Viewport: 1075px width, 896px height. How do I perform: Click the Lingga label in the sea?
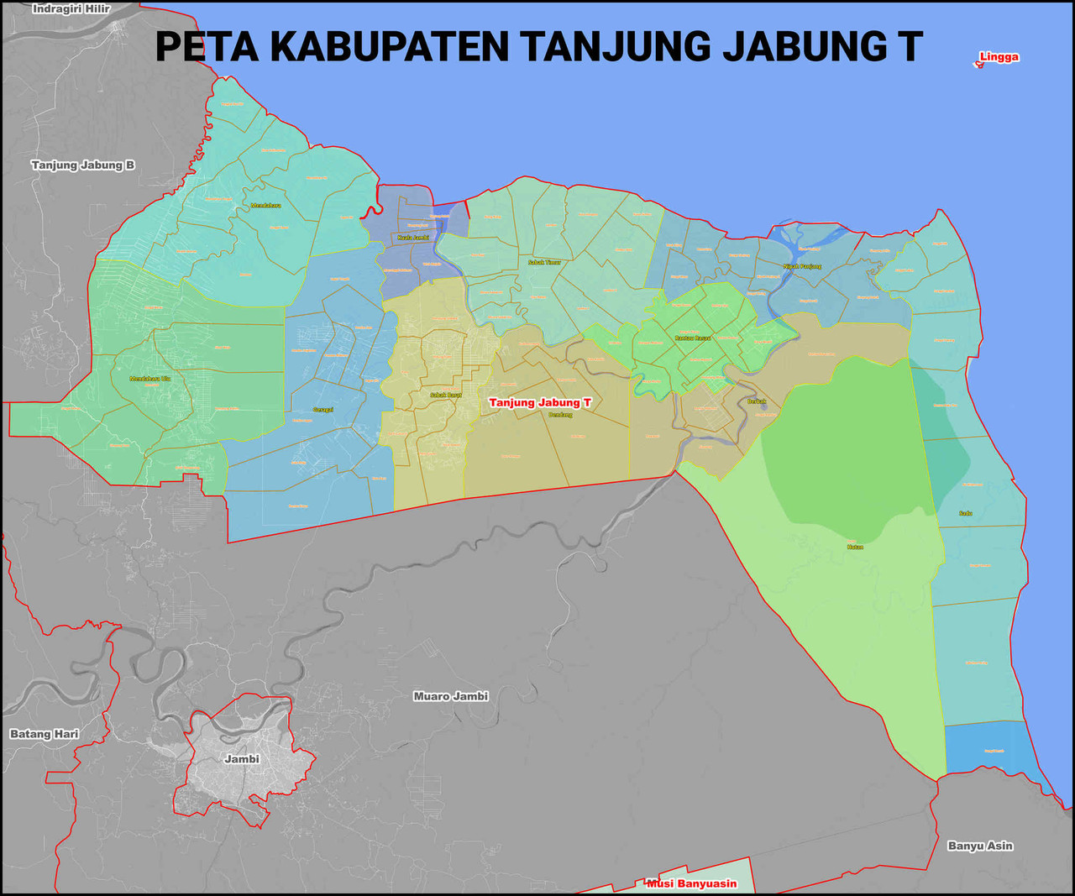tap(999, 57)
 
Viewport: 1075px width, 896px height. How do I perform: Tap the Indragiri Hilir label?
tap(71, 9)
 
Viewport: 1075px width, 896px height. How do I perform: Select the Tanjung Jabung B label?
tap(83, 165)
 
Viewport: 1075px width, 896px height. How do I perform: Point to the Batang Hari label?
tap(45, 734)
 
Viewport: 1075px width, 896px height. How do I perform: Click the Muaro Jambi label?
tap(451, 696)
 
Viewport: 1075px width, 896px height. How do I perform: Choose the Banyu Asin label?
tap(980, 846)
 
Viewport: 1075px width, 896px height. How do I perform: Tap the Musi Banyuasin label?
tap(692, 883)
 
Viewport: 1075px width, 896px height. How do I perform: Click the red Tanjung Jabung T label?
tap(540, 403)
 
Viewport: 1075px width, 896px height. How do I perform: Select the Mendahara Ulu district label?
tap(149, 379)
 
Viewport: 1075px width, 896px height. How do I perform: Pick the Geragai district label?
tap(323, 410)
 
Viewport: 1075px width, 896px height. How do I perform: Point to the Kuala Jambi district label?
tap(413, 238)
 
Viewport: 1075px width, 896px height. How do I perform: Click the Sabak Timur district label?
tap(544, 263)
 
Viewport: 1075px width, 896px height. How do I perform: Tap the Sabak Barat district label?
tap(446, 395)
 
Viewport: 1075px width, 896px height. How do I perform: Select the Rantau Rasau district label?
tap(693, 338)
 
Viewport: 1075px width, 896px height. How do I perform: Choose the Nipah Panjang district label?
tap(802, 266)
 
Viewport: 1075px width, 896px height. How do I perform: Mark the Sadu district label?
tap(966, 513)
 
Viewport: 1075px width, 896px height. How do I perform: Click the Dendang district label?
tap(560, 415)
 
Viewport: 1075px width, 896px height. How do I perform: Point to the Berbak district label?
tap(757, 401)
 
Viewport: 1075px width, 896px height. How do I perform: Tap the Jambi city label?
tap(242, 759)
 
